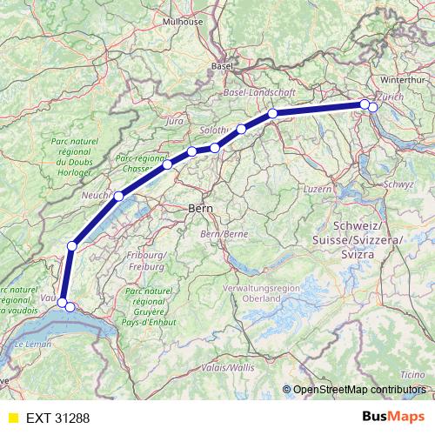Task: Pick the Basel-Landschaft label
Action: coord(260,91)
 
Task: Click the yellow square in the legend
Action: coord(12,418)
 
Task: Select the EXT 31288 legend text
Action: coord(57,418)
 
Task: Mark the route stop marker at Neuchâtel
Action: coord(118,196)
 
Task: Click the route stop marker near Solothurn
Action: coord(215,148)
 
